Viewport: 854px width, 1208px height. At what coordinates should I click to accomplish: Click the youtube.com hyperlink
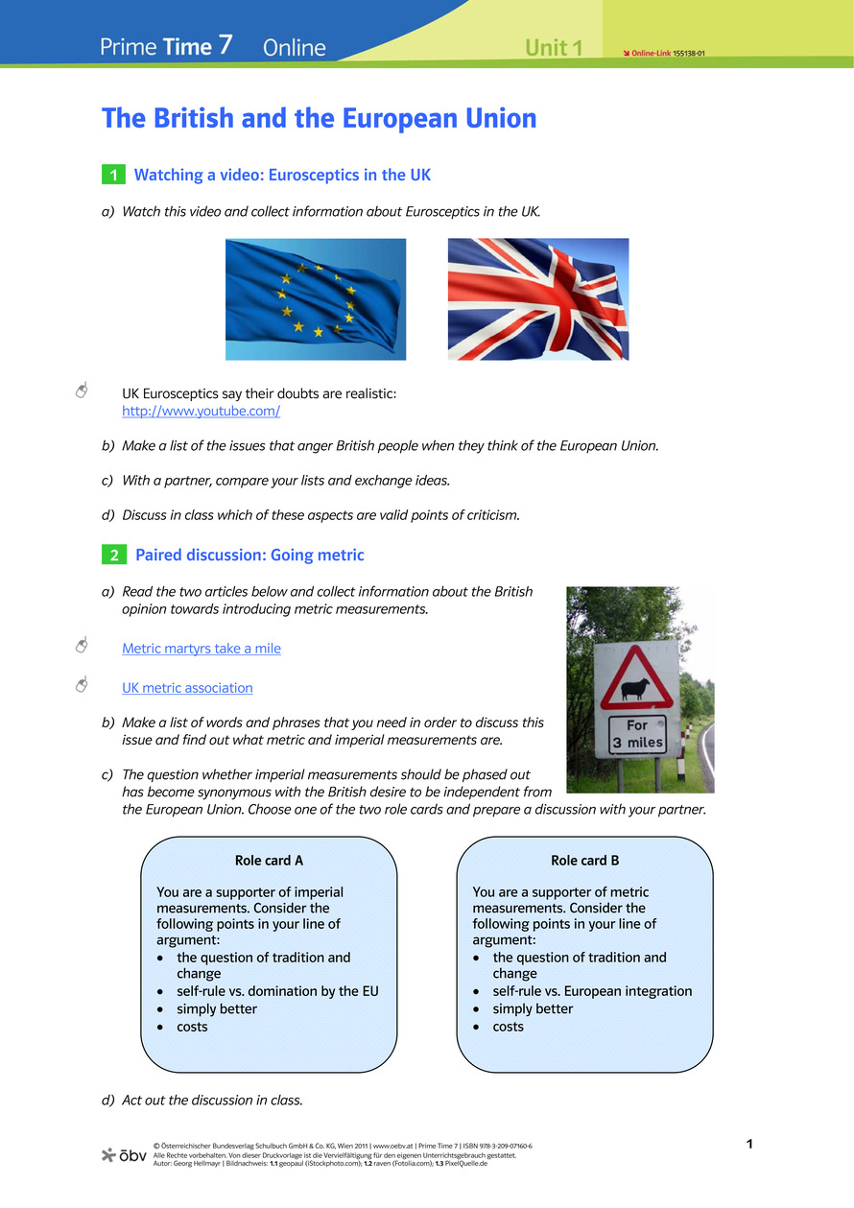(201, 412)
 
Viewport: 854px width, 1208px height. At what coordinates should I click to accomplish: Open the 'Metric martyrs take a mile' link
(202, 649)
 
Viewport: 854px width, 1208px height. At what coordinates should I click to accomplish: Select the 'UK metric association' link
(187, 688)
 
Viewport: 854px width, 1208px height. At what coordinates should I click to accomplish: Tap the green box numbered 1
(113, 175)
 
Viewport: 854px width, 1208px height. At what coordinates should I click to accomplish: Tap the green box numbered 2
(113, 556)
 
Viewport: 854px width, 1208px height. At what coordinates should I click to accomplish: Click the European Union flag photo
(316, 299)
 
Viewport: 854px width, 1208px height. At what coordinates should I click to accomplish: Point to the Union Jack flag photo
(538, 299)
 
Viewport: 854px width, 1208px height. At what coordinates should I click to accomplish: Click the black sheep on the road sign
(634, 687)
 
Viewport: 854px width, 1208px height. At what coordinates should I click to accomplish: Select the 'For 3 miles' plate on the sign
(637, 734)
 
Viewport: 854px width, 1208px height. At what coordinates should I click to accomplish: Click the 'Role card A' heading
(269, 861)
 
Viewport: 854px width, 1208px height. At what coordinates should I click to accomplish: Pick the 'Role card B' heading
(584, 861)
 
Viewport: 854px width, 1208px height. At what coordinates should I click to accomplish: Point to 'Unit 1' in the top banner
(554, 48)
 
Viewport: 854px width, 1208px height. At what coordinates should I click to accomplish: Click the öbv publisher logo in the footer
(124, 1154)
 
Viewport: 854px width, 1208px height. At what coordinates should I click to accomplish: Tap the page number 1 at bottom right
(749, 1144)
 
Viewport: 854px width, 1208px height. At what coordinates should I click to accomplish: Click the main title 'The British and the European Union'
(319, 119)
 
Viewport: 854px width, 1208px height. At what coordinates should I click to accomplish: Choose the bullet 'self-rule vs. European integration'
(592, 991)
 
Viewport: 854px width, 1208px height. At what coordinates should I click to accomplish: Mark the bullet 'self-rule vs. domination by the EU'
(277, 991)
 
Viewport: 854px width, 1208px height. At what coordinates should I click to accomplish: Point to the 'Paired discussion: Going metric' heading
(249, 556)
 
